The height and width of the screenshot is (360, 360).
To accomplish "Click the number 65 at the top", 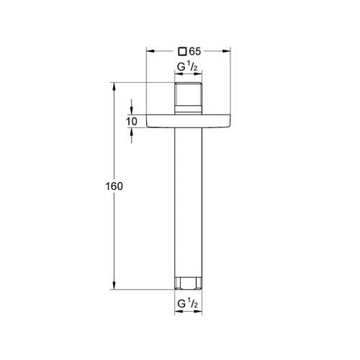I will pyautogui.click(x=195, y=51).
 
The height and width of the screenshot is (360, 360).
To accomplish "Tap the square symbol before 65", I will pyautogui.click(x=183, y=51).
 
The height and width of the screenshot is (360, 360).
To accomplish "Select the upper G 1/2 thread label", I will pyautogui.click(x=188, y=68).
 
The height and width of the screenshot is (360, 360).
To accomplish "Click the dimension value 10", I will pyautogui.click(x=131, y=122).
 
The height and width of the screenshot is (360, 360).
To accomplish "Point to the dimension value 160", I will pyautogui.click(x=113, y=186).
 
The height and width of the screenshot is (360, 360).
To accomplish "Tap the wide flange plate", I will pyautogui.click(x=188, y=122).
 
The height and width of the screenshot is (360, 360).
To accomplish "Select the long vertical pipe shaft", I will pyautogui.click(x=188, y=202).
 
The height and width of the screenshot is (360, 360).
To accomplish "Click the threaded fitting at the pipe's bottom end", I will pyautogui.click(x=188, y=282).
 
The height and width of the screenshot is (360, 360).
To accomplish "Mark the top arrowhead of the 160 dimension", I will pyautogui.click(x=113, y=86).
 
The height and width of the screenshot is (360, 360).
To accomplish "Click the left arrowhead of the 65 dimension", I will pyautogui.click(x=150, y=51).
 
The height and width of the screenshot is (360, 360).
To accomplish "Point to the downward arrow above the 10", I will pyautogui.click(x=131, y=110).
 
